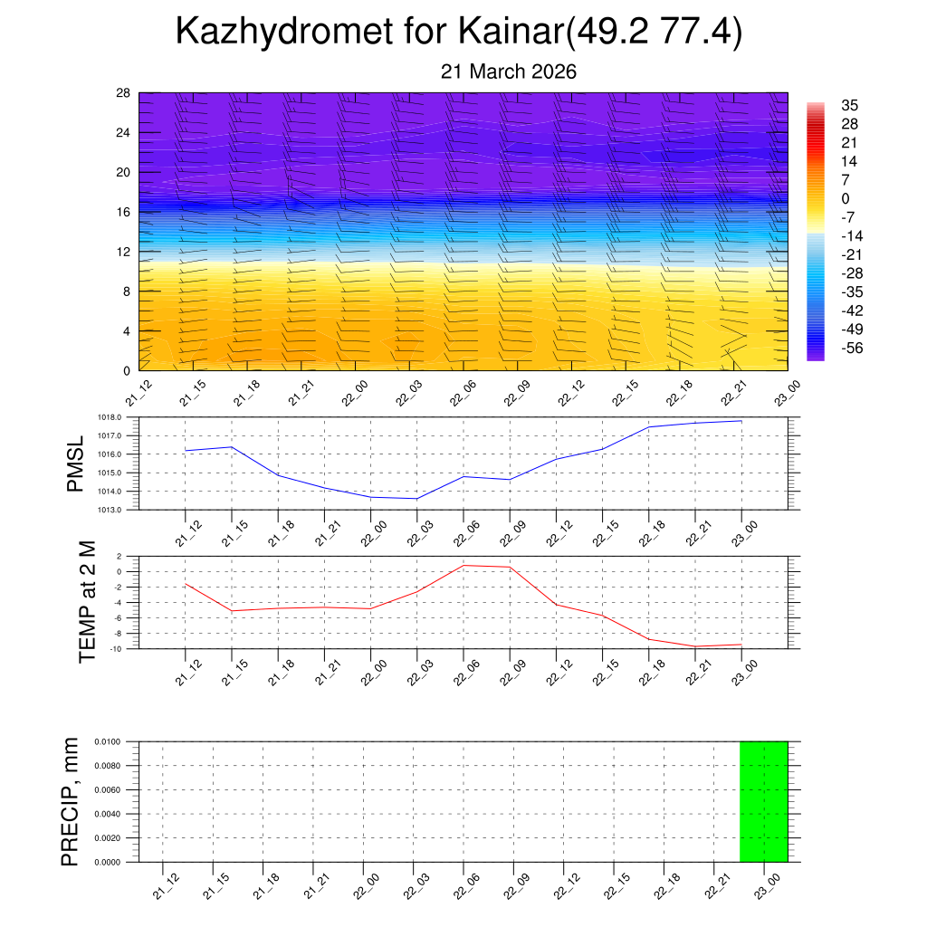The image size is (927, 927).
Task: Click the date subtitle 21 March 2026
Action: [x=508, y=72]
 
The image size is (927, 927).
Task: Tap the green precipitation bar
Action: [x=763, y=801]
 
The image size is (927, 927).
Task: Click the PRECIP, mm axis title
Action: [x=70, y=801]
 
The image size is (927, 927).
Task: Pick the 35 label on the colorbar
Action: [x=849, y=105]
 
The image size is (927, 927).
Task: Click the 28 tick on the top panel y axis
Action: [x=124, y=93]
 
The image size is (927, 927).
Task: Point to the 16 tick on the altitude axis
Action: [x=124, y=212]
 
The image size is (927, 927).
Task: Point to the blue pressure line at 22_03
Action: [x=416, y=499]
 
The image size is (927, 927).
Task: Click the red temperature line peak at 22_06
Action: [x=463, y=565]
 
